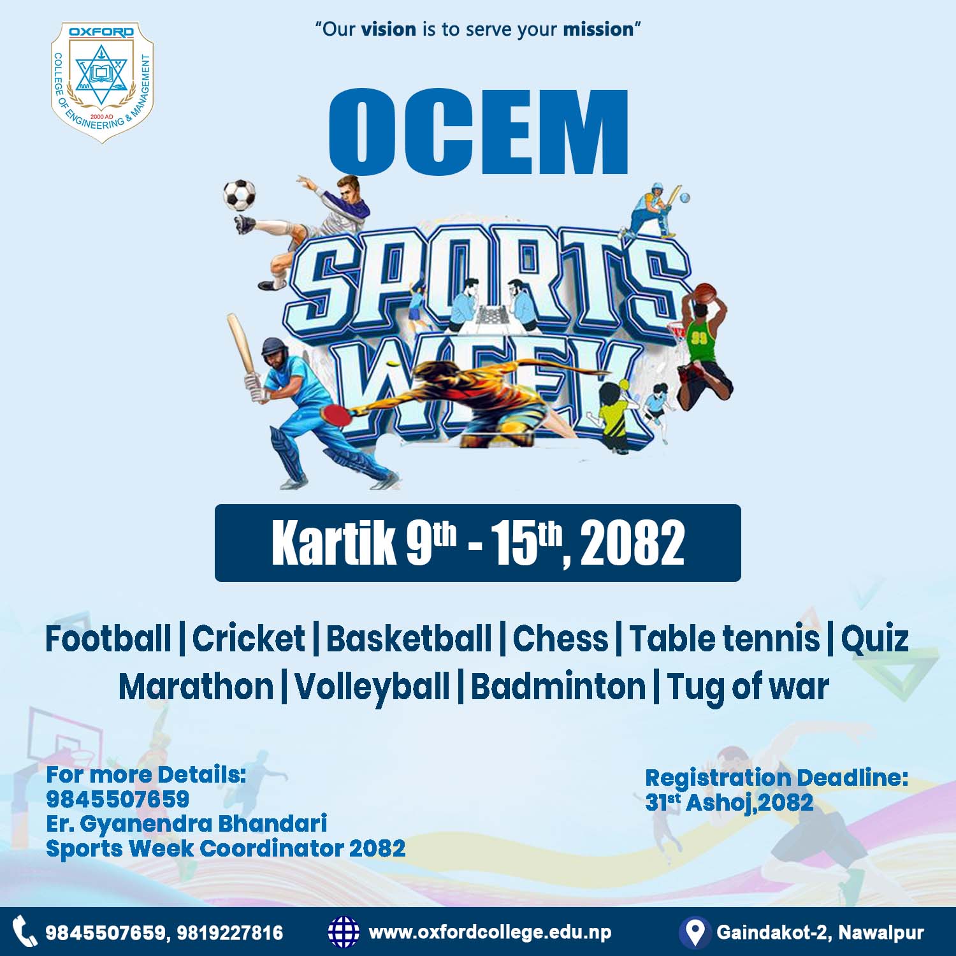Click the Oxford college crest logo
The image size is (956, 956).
[102, 82]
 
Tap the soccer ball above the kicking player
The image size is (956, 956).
[240, 195]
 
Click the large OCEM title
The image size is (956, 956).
[479, 132]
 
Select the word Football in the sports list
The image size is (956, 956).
[108, 639]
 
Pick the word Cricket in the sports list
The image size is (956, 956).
[249, 639]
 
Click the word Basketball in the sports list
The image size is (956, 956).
[409, 639]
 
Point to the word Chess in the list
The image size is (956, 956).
[561, 639]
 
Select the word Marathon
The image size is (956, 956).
[196, 687]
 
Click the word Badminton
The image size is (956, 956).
[558, 687]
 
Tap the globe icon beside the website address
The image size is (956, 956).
[344, 932]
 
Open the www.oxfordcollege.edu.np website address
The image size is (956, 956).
[490, 933]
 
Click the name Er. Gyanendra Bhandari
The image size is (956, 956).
[187, 824]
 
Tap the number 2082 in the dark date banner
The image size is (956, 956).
[632, 544]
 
